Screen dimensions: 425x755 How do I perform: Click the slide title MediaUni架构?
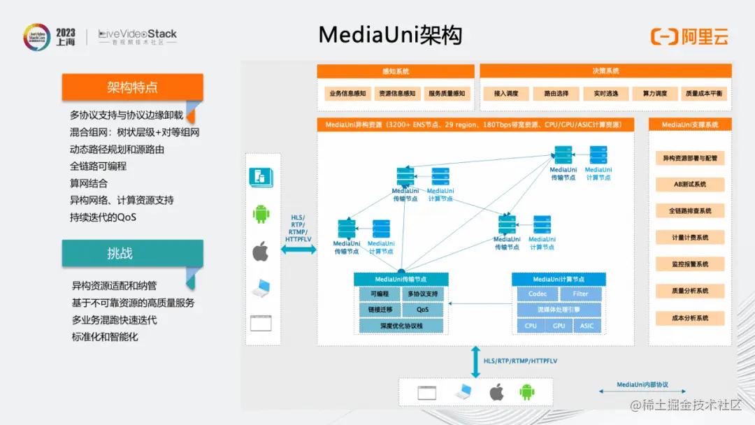(390, 35)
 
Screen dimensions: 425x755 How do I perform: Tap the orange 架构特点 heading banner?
(132, 87)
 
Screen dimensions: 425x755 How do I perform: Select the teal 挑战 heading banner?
(132, 254)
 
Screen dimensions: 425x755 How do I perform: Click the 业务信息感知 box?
(347, 93)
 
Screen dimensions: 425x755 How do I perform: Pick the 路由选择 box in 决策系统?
(551, 93)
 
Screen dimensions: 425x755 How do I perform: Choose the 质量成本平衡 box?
(704, 93)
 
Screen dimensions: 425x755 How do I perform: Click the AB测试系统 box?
(689, 185)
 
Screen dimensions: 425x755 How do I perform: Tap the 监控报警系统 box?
(689, 264)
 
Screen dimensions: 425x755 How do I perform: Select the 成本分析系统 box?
(689, 318)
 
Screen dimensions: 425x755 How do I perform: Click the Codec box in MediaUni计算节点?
(538, 294)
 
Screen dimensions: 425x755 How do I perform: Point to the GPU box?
(559, 326)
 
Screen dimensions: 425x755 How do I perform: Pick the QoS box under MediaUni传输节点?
(422, 310)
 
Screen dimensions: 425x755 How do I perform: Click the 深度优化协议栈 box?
(401, 326)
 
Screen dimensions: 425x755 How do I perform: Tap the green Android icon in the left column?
(261, 213)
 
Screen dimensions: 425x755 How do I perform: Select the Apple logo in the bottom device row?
(496, 391)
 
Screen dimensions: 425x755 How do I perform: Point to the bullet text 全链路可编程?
(98, 166)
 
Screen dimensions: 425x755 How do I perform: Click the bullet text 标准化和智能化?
(105, 337)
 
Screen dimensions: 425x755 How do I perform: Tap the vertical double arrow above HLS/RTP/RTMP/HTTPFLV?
(475, 361)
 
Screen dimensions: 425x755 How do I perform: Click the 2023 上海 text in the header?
(66, 37)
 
